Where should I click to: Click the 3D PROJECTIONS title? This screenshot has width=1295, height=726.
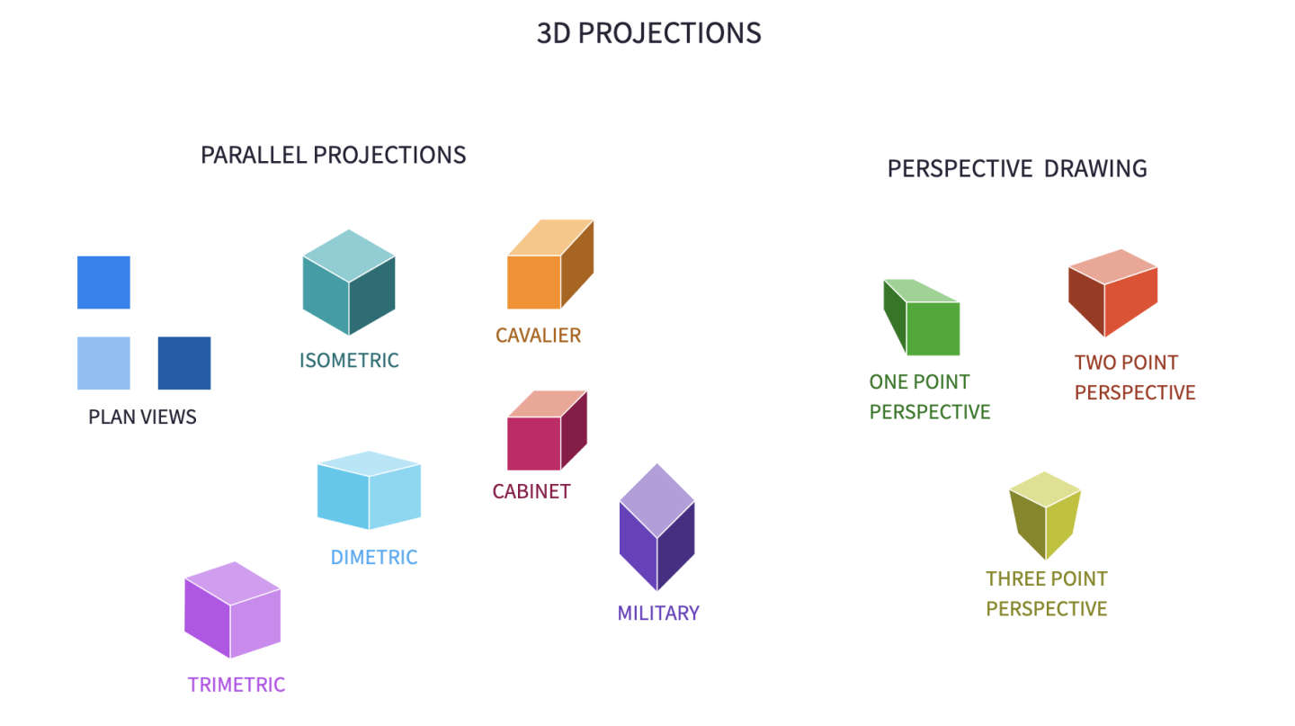648,33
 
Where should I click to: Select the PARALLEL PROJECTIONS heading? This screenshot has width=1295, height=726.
333,155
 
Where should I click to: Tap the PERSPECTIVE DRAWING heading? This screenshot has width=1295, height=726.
1017,168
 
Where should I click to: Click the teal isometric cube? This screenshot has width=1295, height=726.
349,282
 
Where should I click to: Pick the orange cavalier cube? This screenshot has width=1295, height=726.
549,264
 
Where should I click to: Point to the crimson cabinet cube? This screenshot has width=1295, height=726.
547,430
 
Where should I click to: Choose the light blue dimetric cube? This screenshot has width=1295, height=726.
369,490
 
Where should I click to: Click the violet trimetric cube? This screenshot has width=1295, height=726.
232,610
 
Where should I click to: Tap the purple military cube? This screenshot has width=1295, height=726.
656,527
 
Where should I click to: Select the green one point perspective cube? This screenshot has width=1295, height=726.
922,317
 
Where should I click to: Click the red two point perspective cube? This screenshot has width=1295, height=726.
1113,292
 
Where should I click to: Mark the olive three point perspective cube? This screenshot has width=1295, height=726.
1045,515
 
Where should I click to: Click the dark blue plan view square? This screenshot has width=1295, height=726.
184,363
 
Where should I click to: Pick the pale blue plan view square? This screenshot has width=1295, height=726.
103,363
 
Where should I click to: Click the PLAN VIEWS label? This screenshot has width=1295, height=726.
142,417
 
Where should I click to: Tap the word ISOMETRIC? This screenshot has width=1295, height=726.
349,361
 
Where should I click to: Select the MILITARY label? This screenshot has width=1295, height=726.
658,614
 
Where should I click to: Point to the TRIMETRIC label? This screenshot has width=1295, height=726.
236,685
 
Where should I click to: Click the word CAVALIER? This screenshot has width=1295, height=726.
538,336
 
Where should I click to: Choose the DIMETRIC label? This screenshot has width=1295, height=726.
373,557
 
